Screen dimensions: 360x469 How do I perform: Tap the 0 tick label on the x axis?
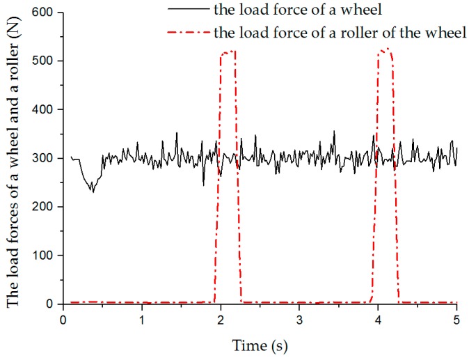(63, 320)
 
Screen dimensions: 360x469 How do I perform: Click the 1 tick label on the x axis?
(141, 320)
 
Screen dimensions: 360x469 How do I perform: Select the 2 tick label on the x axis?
(221, 320)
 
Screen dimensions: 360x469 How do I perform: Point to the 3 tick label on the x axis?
(299, 320)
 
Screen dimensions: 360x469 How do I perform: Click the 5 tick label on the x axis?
(456, 320)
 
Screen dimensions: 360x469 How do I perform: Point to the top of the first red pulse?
(228, 52)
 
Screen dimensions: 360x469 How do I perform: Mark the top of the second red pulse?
(385, 49)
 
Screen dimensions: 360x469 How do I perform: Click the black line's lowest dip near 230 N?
(93, 191)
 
